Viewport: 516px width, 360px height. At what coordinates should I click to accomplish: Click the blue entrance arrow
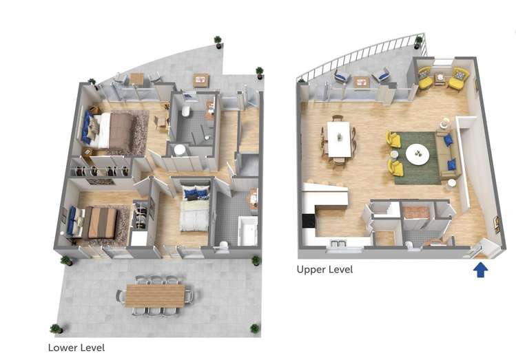click(x=480, y=269)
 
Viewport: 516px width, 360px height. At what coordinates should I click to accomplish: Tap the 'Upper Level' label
click(x=324, y=270)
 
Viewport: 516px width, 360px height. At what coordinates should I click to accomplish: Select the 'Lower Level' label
click(x=76, y=348)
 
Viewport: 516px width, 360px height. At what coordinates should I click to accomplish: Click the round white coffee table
click(x=417, y=153)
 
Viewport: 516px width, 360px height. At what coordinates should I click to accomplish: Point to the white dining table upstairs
click(x=339, y=139)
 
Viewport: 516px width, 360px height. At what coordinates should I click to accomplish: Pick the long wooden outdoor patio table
click(x=155, y=295)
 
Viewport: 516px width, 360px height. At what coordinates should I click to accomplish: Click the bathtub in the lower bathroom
click(x=247, y=231)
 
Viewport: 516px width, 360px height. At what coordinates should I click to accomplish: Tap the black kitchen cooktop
click(x=309, y=220)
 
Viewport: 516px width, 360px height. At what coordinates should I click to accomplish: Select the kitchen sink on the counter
click(x=338, y=244)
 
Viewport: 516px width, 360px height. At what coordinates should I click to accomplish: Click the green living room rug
click(x=417, y=158)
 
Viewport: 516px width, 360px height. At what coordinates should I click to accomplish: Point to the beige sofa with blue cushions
click(x=448, y=154)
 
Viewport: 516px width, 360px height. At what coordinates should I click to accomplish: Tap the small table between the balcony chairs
click(x=361, y=82)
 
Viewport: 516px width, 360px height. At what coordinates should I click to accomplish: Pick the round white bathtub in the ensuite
click(x=180, y=150)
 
